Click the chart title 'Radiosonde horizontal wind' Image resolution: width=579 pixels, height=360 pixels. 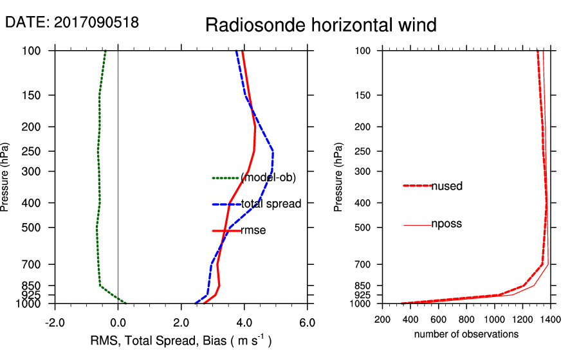[320, 25]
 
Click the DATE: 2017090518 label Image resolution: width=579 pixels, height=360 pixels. [71, 22]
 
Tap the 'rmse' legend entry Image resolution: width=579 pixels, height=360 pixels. [253, 230]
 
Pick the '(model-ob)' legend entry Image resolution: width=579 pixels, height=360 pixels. [263, 177]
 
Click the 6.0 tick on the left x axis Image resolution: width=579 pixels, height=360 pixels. [308, 322]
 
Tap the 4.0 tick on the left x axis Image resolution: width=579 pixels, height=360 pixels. [244, 322]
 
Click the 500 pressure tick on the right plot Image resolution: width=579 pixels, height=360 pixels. [367, 228]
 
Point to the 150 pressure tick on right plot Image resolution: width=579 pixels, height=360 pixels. [367, 96]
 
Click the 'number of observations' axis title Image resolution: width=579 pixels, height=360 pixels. [466, 334]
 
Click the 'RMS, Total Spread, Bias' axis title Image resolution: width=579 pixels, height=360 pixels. [180, 341]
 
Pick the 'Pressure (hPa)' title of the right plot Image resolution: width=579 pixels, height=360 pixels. [338, 177]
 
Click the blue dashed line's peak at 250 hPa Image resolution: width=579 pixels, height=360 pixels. [273, 151]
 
